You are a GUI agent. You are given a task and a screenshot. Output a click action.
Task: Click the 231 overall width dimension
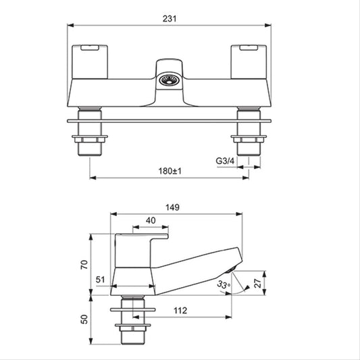[170, 19]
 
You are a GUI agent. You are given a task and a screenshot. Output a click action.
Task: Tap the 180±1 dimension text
[170, 171]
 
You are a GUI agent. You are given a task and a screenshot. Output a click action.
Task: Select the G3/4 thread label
[225, 161]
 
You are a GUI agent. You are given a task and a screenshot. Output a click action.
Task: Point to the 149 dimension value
[172, 207]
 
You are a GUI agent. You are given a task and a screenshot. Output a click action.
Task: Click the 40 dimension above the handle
[151, 220]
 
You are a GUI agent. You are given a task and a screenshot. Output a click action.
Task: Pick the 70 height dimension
[84, 265]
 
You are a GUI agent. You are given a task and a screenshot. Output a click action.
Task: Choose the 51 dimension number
[101, 280]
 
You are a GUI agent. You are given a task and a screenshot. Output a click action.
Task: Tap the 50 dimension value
[84, 319]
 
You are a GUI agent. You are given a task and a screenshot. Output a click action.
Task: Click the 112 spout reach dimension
[180, 311]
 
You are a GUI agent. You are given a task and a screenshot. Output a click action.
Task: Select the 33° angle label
[224, 285]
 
